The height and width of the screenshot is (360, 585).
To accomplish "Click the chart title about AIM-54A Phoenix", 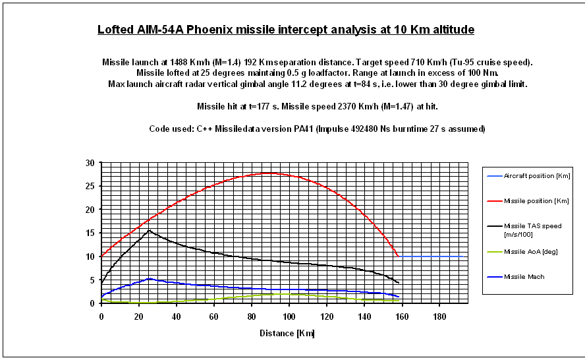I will [285, 30].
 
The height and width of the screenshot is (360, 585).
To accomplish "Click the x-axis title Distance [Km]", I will [287, 333].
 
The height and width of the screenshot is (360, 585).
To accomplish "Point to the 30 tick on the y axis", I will [90, 163].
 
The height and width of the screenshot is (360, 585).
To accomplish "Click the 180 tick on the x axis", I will [439, 316].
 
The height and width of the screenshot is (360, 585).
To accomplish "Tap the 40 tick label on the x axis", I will [176, 316].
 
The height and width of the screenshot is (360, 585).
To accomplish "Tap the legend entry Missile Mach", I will [525, 277].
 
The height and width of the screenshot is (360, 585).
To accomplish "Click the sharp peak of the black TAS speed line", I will [150, 230].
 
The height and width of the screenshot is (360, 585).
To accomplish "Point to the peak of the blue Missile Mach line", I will [150, 279].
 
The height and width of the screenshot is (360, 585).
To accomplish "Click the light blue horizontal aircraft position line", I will [432, 256].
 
